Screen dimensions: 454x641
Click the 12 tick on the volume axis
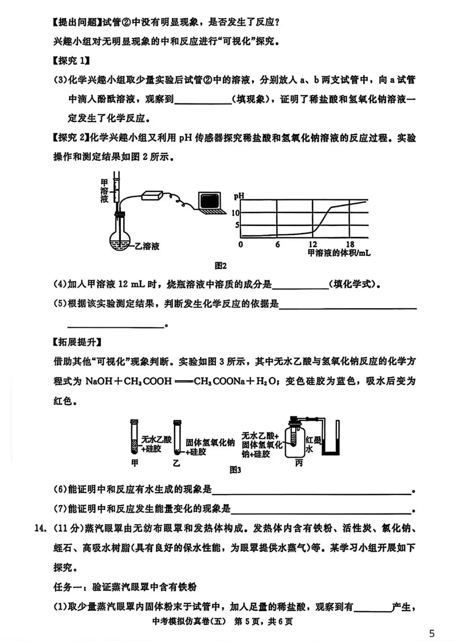coord(313,244)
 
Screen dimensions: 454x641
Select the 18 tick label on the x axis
coord(350,244)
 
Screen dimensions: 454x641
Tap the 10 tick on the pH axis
coord(235,213)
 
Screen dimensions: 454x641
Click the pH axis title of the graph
coord(239,196)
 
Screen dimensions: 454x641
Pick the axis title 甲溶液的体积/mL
coord(339,253)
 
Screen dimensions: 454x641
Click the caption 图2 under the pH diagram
coord(220,266)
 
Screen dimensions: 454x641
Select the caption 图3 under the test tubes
coord(235,470)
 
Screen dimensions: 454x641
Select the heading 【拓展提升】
coord(77,342)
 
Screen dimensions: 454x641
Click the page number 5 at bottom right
coord(432,633)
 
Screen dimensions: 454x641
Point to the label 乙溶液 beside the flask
coord(147,246)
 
